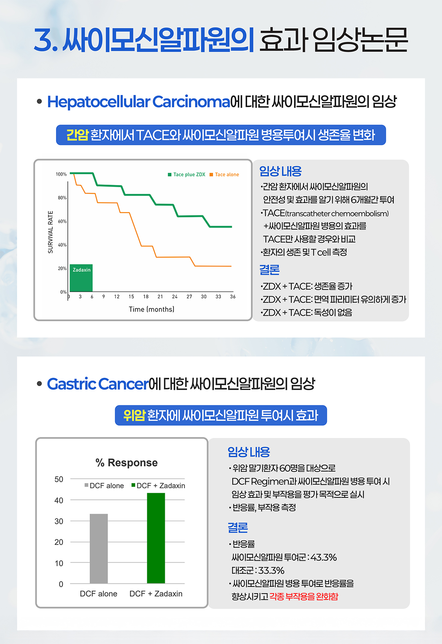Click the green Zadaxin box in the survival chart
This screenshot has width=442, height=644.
81,278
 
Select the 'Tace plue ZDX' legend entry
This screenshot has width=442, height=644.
186,175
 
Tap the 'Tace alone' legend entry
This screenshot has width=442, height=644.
224,175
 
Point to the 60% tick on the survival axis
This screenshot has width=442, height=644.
62,221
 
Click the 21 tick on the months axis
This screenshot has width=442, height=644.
160,297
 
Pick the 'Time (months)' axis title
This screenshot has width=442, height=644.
151,309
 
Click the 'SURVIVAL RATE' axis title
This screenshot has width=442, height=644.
50,232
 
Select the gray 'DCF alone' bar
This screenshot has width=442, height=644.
99,549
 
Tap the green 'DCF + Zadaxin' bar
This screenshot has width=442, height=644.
156,538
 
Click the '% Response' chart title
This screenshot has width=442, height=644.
127,463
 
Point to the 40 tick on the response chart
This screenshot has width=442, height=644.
59,500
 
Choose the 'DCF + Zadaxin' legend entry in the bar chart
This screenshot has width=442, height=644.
158,486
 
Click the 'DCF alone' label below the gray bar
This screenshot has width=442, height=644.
99,594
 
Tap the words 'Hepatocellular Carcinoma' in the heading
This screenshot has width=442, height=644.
139,102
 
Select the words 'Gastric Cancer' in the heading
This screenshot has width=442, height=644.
98,384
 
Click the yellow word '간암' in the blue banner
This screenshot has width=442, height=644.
77,135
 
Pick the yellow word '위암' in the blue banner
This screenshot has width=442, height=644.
134,415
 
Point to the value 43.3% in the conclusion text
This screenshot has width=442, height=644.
323,557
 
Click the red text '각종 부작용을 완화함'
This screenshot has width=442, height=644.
304,596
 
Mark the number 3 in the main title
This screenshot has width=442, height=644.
43,39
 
